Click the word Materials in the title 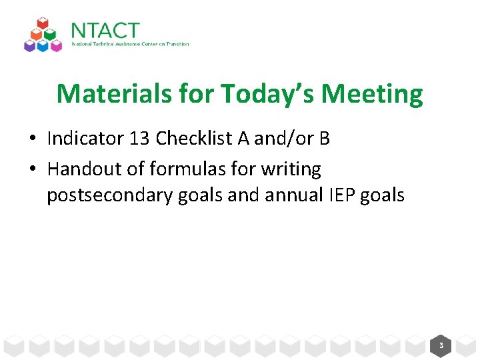click(114, 94)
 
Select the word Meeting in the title click(372, 94)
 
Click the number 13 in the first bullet click(139, 139)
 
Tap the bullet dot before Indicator click(33, 139)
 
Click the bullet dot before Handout click(33, 170)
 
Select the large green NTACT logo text click(105, 31)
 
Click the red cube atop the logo click(43, 24)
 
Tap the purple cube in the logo click(29, 45)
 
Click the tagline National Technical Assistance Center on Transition click(130, 45)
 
